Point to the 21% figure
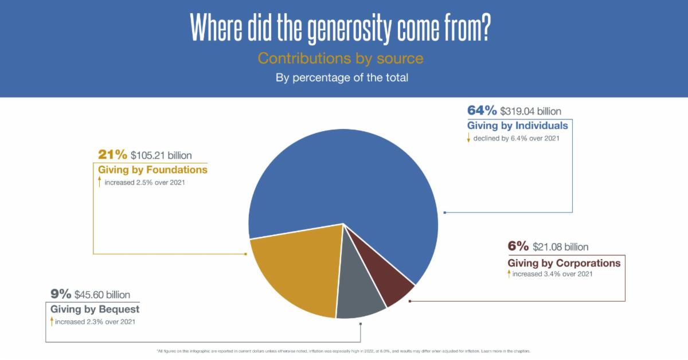112,155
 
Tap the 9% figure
60,295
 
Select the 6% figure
518,246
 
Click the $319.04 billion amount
531,111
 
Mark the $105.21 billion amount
161,155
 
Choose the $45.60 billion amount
102,295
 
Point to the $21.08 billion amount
560,247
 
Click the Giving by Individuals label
518,126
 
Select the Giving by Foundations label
153,170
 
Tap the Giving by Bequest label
95,310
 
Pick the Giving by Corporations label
564,263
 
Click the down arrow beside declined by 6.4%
469,138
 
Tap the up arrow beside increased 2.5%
100,182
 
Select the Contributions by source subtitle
341,58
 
